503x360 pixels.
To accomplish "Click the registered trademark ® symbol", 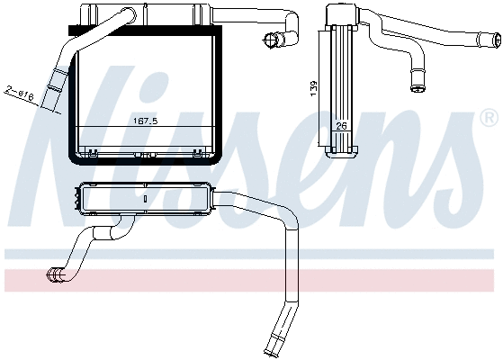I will [x=489, y=119].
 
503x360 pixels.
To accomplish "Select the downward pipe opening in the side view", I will [x=417, y=87].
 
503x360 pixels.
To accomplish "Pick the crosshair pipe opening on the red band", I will [x=54, y=275].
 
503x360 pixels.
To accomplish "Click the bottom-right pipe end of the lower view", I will [x=271, y=349].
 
